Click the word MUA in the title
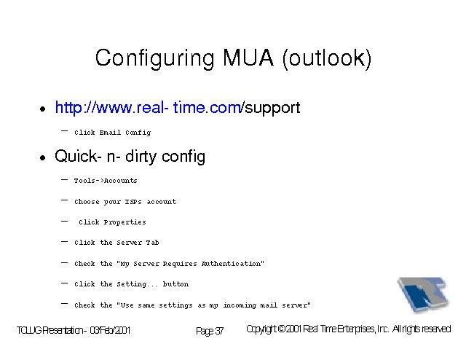[x=248, y=58]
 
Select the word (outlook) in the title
[x=327, y=58]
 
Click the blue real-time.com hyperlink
[x=149, y=107]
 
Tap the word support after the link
[x=272, y=109]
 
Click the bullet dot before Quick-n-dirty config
[x=43, y=157]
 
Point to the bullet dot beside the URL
[x=43, y=109]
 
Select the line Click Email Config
[x=113, y=133]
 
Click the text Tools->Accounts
[x=106, y=181]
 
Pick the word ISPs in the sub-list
[x=133, y=202]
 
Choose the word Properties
[x=125, y=222]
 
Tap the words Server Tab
[x=138, y=243]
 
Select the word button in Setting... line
[x=175, y=284]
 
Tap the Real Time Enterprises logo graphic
[x=423, y=294]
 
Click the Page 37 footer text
[x=210, y=331]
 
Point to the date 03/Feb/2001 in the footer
[x=110, y=330]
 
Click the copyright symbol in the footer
[x=282, y=329]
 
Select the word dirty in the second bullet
[x=141, y=157]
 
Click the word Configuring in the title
[x=154, y=58]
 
